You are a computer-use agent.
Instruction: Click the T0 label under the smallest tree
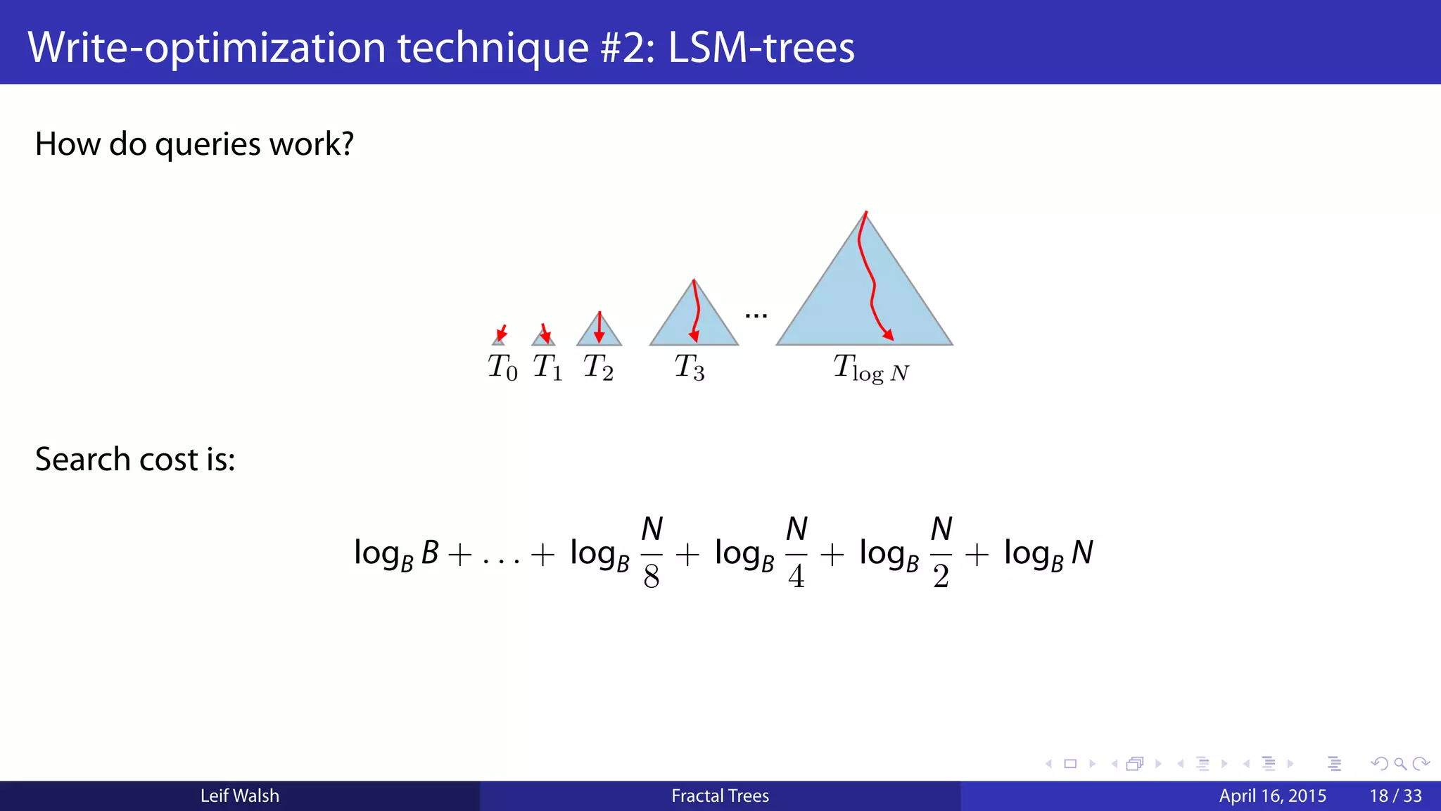(502, 367)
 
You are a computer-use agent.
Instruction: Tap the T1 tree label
(547, 367)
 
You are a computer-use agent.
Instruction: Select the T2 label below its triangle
(598, 367)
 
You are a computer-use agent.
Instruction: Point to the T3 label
(689, 367)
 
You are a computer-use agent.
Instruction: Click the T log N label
(871, 369)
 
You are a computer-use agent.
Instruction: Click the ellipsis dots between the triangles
(756, 316)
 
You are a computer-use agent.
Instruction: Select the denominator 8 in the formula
(652, 577)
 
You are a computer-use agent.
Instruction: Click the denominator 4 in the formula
(796, 577)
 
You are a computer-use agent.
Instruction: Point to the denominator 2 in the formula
(941, 577)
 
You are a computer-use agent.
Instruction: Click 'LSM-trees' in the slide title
(761, 48)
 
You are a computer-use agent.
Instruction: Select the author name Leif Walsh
(240, 796)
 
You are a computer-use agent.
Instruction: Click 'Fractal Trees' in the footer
(720, 796)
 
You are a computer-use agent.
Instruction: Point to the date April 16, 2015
(1272, 796)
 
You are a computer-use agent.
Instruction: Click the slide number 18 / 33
(1395, 796)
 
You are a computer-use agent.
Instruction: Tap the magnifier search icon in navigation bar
(1400, 764)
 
